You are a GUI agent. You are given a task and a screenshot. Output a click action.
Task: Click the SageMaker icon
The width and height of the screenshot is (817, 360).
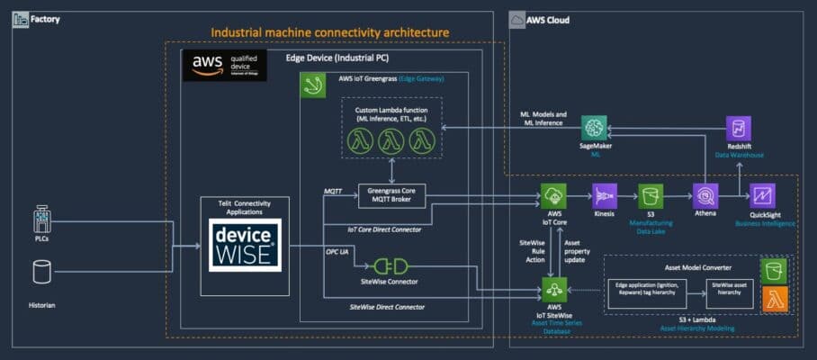(595, 129)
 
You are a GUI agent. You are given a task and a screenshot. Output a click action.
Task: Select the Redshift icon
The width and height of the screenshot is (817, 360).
(739, 129)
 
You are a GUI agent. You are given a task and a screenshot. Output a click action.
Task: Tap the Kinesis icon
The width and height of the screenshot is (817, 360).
(604, 195)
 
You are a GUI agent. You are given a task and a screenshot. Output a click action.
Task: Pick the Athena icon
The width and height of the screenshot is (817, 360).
(704, 195)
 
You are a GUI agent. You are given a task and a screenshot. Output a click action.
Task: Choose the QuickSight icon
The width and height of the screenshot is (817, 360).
(762, 195)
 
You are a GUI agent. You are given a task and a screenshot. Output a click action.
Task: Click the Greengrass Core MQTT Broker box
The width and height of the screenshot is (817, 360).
(391, 195)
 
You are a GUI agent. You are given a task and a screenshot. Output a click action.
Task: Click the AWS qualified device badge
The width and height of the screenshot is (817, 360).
(224, 65)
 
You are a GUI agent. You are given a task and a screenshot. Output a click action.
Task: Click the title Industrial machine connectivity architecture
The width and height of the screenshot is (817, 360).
(329, 32)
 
